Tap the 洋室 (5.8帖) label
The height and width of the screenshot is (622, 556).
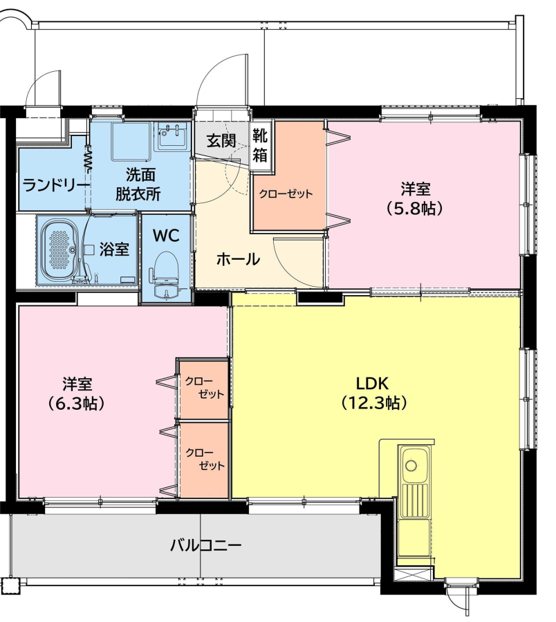click(x=415, y=198)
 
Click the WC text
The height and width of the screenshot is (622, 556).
click(x=166, y=236)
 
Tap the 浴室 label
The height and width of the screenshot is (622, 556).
click(x=114, y=249)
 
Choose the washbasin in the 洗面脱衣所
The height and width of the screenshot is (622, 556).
click(x=173, y=136)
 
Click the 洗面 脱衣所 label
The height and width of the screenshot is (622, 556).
click(x=138, y=185)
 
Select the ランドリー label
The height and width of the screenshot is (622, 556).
click(x=55, y=185)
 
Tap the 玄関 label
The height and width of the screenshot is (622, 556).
click(x=221, y=141)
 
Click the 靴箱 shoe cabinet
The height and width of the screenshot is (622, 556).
click(x=260, y=147)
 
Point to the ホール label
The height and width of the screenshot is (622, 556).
click(x=238, y=259)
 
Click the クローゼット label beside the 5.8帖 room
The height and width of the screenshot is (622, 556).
click(x=286, y=194)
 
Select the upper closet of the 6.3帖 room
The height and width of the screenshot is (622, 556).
click(x=203, y=388)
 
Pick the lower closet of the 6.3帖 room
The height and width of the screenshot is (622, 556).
click(x=203, y=460)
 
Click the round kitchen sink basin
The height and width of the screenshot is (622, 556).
click(x=411, y=464)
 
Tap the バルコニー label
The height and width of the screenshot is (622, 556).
click(x=205, y=545)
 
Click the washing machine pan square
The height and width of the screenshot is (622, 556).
click(x=131, y=142)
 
